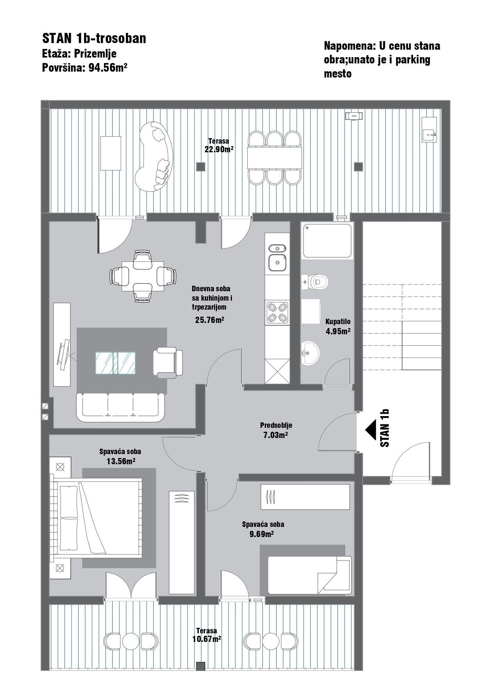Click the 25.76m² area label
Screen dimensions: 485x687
210,320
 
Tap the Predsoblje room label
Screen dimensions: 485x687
276,426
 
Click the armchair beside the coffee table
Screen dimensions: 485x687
168,362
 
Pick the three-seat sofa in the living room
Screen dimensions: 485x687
121,408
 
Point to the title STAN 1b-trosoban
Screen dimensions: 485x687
94,38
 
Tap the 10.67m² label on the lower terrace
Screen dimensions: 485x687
207,639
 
